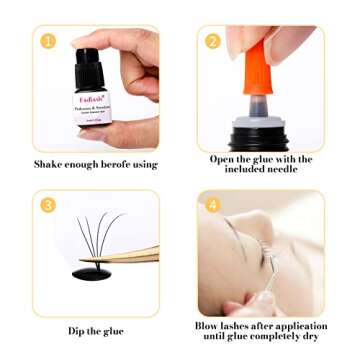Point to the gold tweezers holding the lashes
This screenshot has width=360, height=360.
point(130,256)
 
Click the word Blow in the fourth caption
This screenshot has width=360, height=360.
point(208,326)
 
